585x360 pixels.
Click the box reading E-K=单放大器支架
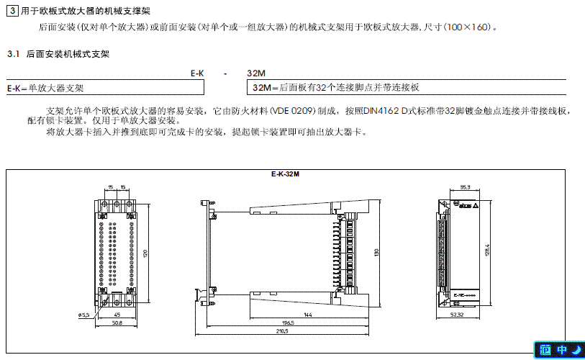click(x=45, y=88)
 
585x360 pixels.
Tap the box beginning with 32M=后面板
click(x=337, y=88)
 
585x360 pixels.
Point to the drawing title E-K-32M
click(x=286, y=174)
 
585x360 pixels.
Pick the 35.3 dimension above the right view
click(x=465, y=187)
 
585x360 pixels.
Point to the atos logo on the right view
click(x=464, y=205)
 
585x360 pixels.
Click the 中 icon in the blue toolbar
click(x=561, y=350)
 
